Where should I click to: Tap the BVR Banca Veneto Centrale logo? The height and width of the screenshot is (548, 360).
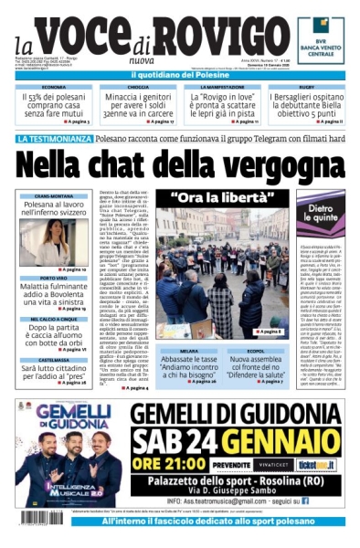pyautogui.click(x=321, y=40)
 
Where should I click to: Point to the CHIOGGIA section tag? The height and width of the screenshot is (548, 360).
pyautogui.click(x=139, y=87)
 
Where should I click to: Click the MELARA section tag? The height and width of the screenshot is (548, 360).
pyautogui.click(x=189, y=351)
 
